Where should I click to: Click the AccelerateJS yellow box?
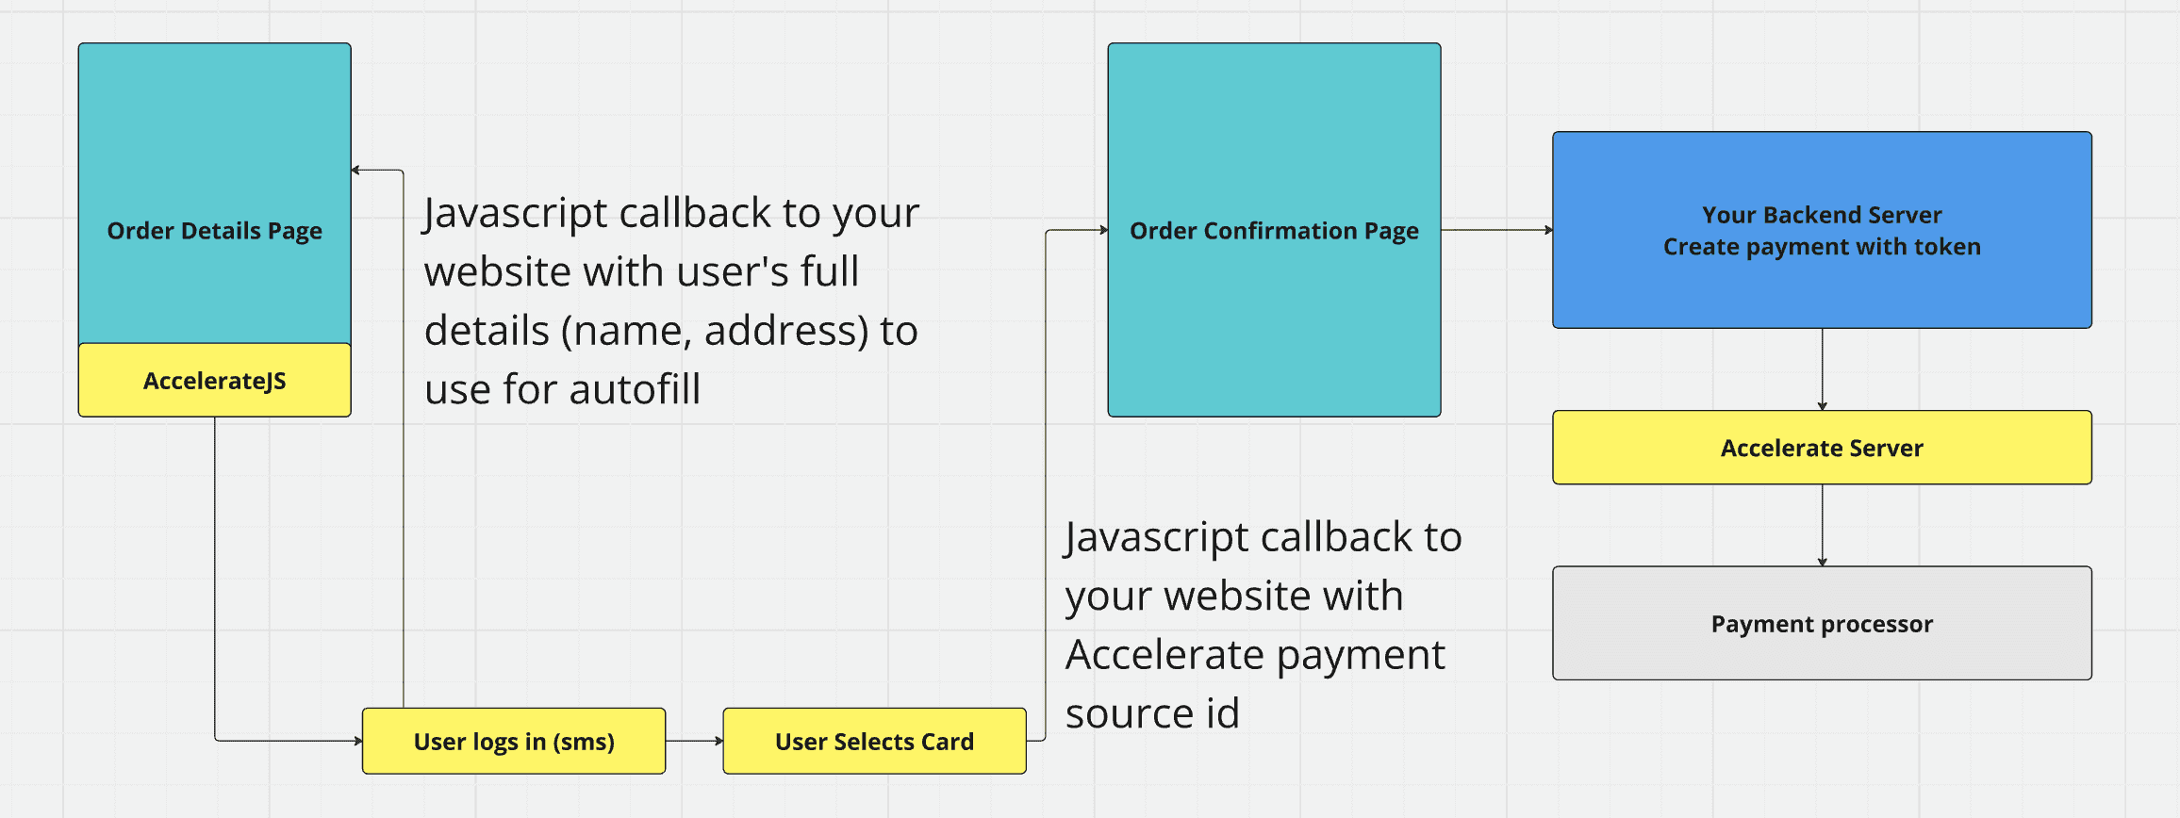pos(214,381)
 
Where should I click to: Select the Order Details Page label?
pos(214,231)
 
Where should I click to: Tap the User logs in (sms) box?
pos(514,742)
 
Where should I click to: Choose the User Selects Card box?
pos(874,742)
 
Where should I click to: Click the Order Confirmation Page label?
pos(1274,231)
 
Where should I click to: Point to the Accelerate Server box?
pos(1822,448)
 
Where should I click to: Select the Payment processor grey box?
pos(1822,624)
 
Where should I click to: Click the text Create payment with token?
pos(1822,247)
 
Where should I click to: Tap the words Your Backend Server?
pos(1822,215)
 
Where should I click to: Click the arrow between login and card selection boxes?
pos(694,741)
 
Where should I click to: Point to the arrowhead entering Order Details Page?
pos(355,171)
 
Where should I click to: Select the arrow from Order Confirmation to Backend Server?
pos(1496,230)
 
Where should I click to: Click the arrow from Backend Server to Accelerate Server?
pos(1822,369)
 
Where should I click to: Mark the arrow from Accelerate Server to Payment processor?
pos(1822,525)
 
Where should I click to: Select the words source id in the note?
pos(1152,713)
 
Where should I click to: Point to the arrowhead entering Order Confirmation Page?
pos(1103,230)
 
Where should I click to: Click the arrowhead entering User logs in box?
pos(357,741)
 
